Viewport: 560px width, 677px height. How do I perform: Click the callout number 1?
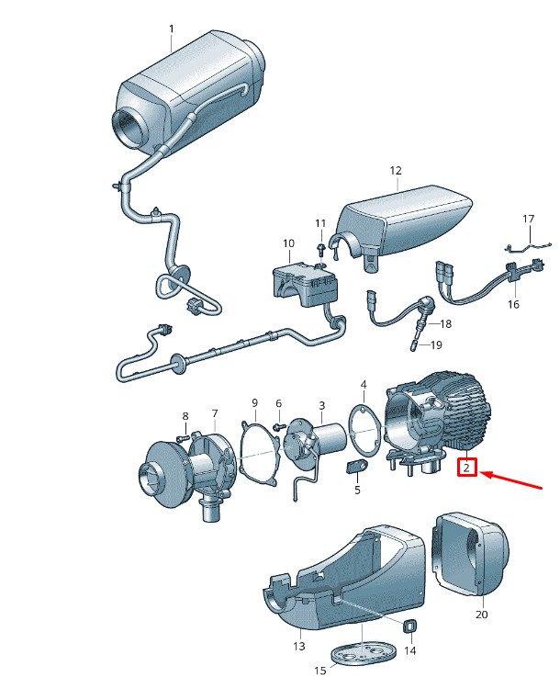pos(171,28)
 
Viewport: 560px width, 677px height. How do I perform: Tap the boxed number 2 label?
pos(466,468)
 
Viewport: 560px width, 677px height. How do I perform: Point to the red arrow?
pos(513,480)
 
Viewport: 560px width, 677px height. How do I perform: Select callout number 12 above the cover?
pos(396,171)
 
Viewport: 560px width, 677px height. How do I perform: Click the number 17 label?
pos(528,219)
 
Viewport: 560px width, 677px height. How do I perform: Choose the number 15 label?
pos(319,671)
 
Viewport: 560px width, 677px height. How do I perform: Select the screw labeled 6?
pos(277,424)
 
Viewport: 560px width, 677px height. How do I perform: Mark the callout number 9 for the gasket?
pos(255,402)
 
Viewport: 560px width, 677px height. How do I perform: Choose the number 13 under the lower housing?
pos(298,647)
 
